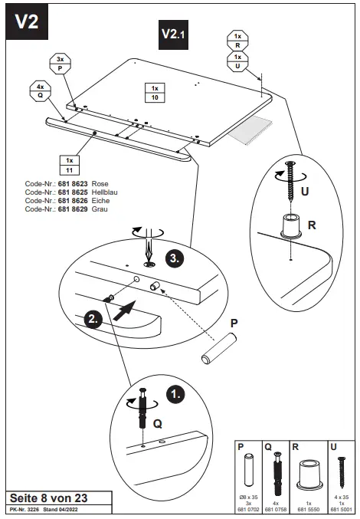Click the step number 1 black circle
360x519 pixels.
tap(175, 395)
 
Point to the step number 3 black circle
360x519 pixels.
tap(175, 258)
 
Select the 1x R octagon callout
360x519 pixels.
tap(237, 41)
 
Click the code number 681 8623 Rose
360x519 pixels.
tap(67, 185)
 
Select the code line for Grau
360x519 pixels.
tap(67, 208)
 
